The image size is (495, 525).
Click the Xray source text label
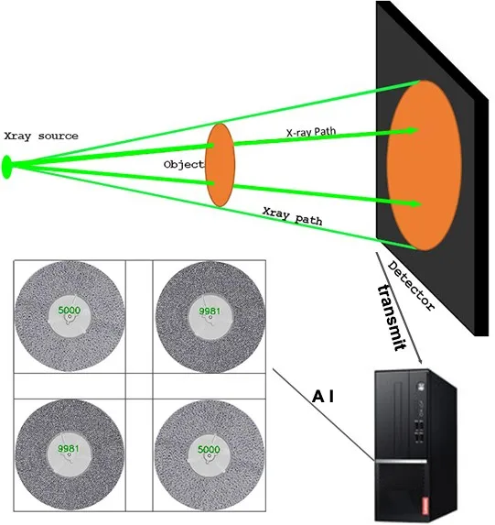tap(41, 137)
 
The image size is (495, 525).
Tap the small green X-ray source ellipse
tap(8, 167)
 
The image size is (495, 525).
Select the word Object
tap(182, 164)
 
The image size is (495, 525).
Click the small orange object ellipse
tap(219, 165)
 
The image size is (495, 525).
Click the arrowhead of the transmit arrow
tap(420, 366)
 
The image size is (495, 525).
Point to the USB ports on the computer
tap(418, 431)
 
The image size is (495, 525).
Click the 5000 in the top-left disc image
tap(69, 311)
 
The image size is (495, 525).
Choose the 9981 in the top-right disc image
tap(209, 312)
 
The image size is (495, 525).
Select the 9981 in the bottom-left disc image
tap(69, 449)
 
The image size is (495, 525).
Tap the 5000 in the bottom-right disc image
tap(209, 449)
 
